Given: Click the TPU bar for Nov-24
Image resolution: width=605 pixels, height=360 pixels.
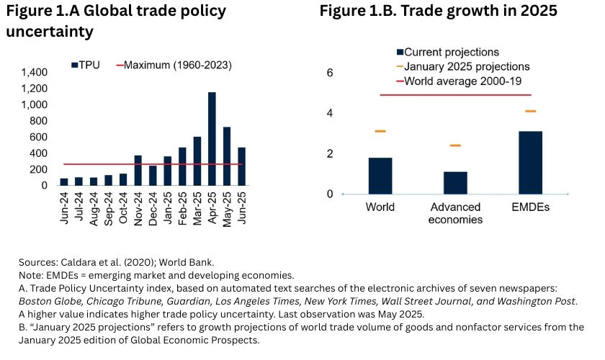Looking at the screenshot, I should [x=138, y=170].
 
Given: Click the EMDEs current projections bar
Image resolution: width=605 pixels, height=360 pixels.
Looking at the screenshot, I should [x=530, y=163].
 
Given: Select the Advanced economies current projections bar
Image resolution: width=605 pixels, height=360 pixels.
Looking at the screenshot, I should [x=455, y=183].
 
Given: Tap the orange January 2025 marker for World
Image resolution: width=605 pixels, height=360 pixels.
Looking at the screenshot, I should [x=380, y=131].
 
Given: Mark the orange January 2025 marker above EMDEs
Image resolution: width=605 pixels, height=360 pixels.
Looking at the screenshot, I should [x=530, y=111].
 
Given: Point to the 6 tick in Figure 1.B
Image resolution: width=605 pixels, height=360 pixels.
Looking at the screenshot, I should [x=330, y=73].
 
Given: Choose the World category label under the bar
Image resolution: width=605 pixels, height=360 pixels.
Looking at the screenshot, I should [x=380, y=207].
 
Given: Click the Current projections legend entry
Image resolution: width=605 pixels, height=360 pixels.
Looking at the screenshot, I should [x=447, y=53].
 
